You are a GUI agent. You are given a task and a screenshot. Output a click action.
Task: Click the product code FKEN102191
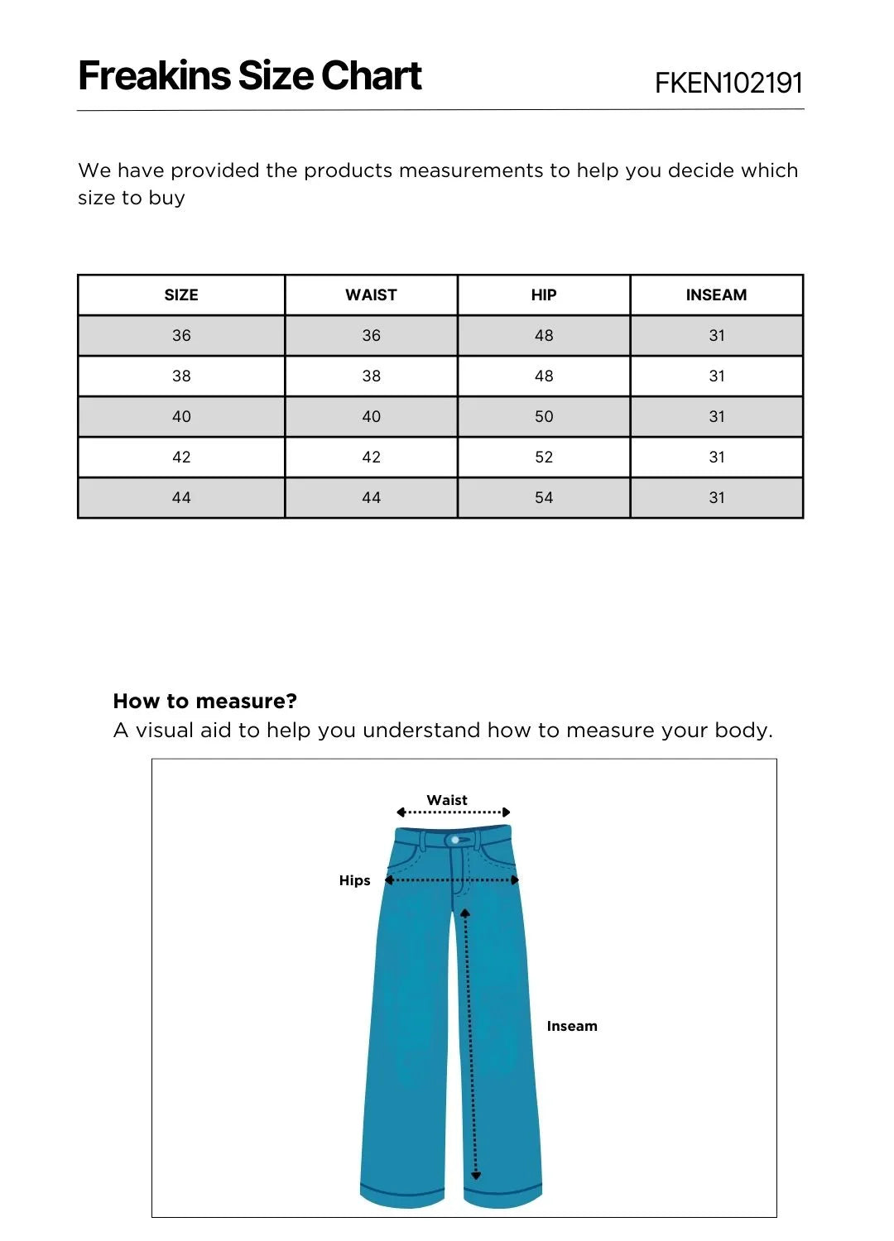728,83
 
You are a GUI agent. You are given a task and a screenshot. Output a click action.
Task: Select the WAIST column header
371,295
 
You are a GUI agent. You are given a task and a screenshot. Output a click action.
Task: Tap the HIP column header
544,295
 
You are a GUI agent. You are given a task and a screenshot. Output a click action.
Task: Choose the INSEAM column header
716,295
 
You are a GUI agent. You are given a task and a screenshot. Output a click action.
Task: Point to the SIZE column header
181,295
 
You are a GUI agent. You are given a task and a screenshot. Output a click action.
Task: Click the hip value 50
544,417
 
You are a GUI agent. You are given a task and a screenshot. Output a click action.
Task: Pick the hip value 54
544,498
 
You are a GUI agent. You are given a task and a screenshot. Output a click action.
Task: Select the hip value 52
544,458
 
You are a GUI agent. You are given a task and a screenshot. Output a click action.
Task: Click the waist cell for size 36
371,336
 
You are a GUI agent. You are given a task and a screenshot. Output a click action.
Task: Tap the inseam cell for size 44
717,498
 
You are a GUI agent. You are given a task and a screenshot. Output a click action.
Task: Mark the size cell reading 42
181,458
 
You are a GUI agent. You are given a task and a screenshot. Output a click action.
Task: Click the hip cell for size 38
544,376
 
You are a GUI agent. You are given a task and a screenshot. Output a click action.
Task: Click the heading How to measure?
204,702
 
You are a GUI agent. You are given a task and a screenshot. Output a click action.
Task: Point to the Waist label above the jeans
447,800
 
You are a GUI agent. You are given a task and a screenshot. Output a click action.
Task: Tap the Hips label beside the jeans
354,880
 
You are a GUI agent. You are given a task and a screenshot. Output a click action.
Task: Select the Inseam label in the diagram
572,1026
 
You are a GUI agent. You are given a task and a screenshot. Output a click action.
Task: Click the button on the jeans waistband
455,840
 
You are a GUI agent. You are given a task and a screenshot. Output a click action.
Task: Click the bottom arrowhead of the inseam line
476,1175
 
